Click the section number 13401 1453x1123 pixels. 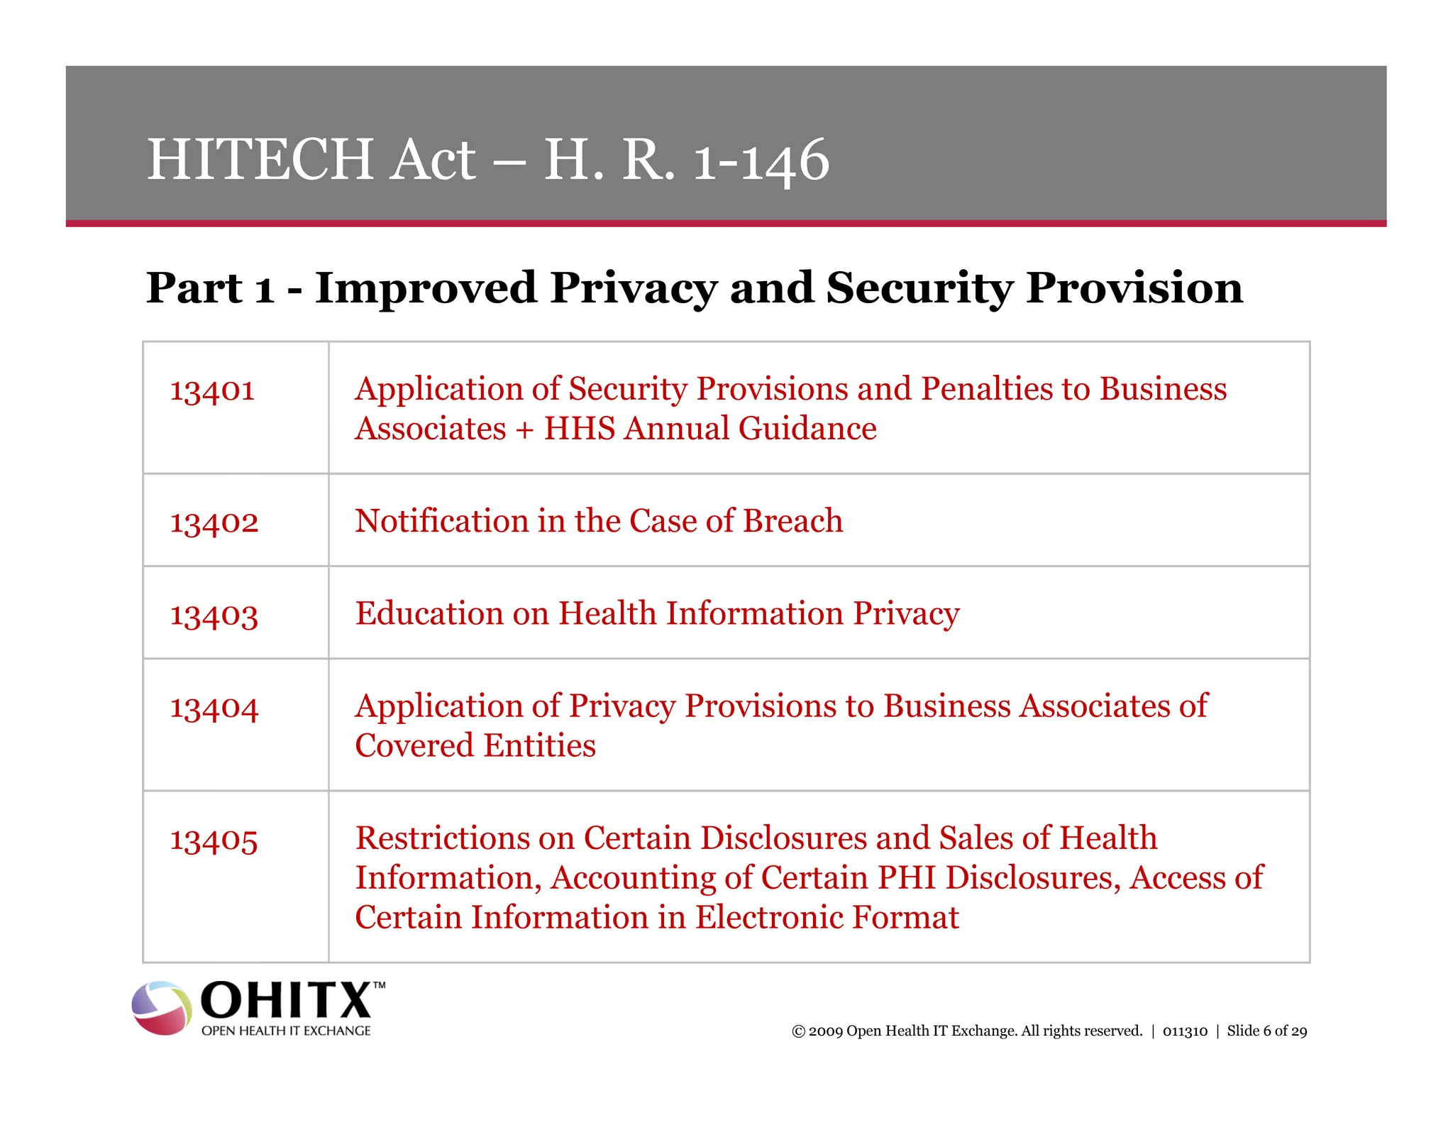pos(212,390)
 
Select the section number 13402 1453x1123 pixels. pos(214,522)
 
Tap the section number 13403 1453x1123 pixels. pos(214,615)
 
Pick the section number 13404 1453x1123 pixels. pos(214,708)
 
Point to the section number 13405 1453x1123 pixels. pos(214,840)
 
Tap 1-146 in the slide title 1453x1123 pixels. pos(761,161)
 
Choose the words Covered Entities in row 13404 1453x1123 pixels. pos(475,746)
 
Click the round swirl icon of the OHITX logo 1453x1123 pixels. pos(162,1008)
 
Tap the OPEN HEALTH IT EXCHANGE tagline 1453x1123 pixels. pos(286,1031)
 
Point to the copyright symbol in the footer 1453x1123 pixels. pos(798,1031)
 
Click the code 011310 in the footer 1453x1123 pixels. pos(1184,1031)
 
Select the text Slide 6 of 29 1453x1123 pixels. pos(1266,1031)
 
